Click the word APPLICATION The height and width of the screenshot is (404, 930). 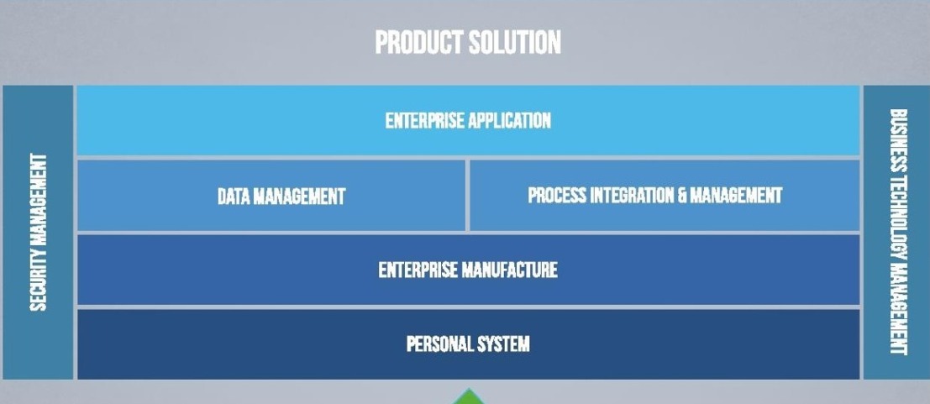(510, 120)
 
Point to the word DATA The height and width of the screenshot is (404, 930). (233, 197)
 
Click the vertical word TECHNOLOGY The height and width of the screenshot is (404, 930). (897, 220)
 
